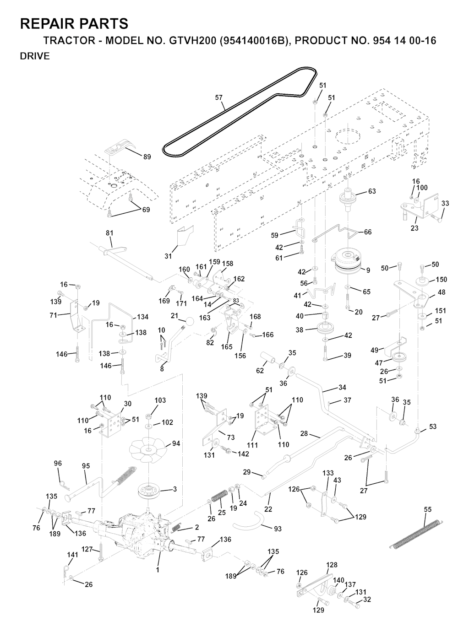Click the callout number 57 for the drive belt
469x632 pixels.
(x=219, y=97)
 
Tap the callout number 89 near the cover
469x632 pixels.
(x=147, y=157)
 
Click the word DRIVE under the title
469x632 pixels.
(x=35, y=57)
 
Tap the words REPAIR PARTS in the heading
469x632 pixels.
(x=74, y=24)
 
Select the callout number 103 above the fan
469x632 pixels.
(x=160, y=400)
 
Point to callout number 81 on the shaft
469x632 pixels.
(x=109, y=233)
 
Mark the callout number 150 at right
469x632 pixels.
(x=442, y=280)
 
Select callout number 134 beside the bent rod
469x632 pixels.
(x=143, y=317)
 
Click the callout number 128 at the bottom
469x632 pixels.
(x=332, y=565)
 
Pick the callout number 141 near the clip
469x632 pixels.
(x=72, y=554)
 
